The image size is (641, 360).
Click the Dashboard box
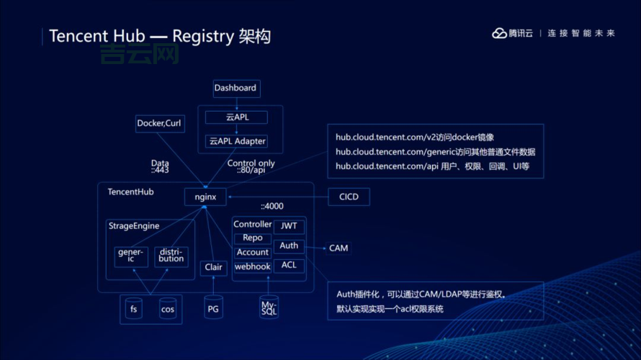(236, 89)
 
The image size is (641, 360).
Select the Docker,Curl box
(159, 124)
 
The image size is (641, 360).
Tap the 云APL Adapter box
(238, 142)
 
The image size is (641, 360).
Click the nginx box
(205, 197)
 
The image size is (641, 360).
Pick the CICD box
(349, 197)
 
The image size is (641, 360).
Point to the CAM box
(339, 248)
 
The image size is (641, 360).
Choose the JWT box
(289, 226)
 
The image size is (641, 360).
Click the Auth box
(289, 246)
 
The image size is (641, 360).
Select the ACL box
(289, 266)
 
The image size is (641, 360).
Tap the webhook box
(252, 267)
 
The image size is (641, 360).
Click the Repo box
(252, 238)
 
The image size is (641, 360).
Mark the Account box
(252, 253)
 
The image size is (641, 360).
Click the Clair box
(213, 268)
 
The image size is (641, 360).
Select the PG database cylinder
(213, 309)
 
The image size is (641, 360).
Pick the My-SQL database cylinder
(268, 308)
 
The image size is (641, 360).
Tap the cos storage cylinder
(168, 310)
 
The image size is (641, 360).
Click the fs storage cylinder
(133, 310)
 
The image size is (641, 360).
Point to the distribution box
(171, 256)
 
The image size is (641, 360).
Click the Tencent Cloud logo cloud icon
(499, 33)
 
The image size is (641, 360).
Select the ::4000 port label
(272, 207)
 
